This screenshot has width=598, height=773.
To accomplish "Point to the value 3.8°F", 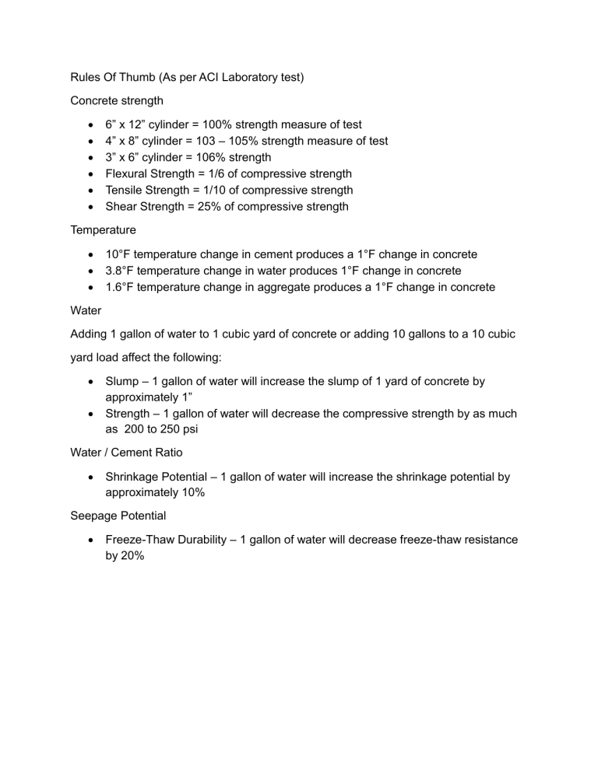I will (x=121, y=271).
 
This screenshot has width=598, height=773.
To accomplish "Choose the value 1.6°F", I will (x=121, y=287).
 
